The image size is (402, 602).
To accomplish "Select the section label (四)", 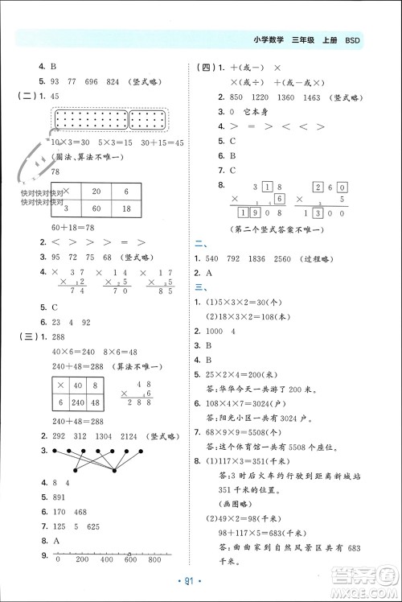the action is pos(206,68).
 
